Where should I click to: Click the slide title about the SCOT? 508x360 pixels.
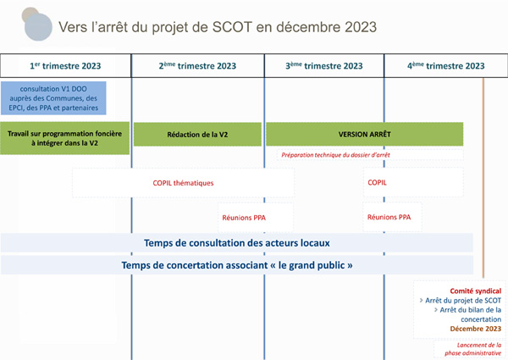pos(218,27)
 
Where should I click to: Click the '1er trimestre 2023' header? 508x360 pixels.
pos(65,66)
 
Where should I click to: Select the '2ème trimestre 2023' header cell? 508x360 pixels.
pos(197,66)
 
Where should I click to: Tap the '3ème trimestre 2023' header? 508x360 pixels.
pos(324,66)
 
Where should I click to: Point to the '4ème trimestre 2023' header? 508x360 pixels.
pos(446,66)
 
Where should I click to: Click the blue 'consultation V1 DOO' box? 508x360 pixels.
pos(53,98)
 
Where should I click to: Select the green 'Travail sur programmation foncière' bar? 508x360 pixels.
pos(65,138)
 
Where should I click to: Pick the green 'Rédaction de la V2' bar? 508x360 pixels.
pos(197,134)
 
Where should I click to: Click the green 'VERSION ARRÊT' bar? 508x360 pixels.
pos(364,134)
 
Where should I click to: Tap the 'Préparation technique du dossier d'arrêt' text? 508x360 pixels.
pos(335,155)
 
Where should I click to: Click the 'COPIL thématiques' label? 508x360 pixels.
pos(183,183)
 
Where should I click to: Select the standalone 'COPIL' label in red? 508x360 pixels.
pos(377,182)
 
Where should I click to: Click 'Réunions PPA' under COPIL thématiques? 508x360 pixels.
pos(244,218)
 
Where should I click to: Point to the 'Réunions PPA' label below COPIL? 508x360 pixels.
pos(389,217)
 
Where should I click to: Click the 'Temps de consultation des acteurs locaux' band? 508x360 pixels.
pos(237,243)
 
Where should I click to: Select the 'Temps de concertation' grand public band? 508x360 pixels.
pos(237,265)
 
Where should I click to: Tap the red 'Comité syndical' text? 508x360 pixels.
pos(476,291)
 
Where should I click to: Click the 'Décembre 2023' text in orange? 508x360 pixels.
pos(476,329)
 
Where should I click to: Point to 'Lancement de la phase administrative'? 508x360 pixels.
pos(472,349)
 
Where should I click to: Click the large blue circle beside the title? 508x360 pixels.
pos(38,27)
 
